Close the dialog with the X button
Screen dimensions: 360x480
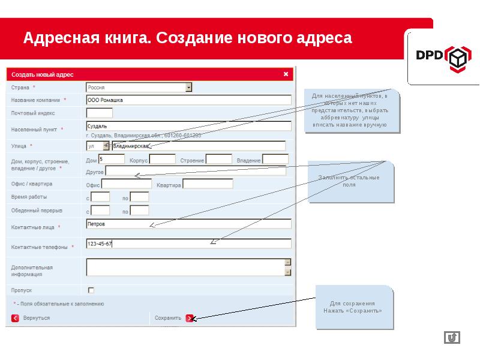(x=286, y=74)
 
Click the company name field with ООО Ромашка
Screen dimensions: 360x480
(x=188, y=100)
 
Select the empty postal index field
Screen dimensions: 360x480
(x=99, y=112)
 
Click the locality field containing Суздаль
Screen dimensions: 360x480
(x=188, y=126)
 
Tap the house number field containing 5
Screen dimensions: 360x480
(x=111, y=159)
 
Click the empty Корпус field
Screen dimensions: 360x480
(x=162, y=159)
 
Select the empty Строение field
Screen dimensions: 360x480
(x=218, y=159)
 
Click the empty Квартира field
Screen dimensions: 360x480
(x=207, y=184)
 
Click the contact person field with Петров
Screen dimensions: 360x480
(x=188, y=224)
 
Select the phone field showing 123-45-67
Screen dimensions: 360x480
(x=188, y=244)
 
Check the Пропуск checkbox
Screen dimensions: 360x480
(x=91, y=290)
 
